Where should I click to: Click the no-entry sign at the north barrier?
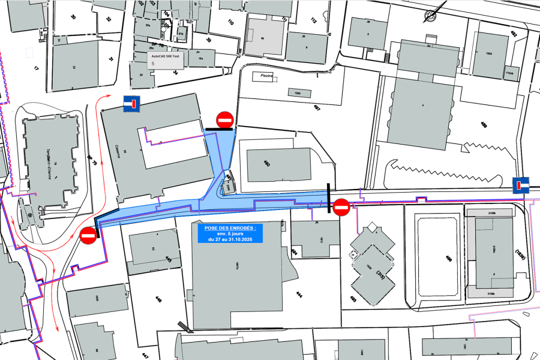point(225,119)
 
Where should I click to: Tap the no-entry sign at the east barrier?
point(341,208)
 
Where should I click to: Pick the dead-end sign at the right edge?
point(521,185)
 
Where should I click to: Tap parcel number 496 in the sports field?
point(448,259)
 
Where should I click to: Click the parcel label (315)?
point(379,274)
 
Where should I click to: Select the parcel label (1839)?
point(520,255)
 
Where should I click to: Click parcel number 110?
point(230,23)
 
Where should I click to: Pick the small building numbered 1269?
point(297,93)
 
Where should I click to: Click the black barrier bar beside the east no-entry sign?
point(328,198)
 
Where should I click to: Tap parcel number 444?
point(299,295)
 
